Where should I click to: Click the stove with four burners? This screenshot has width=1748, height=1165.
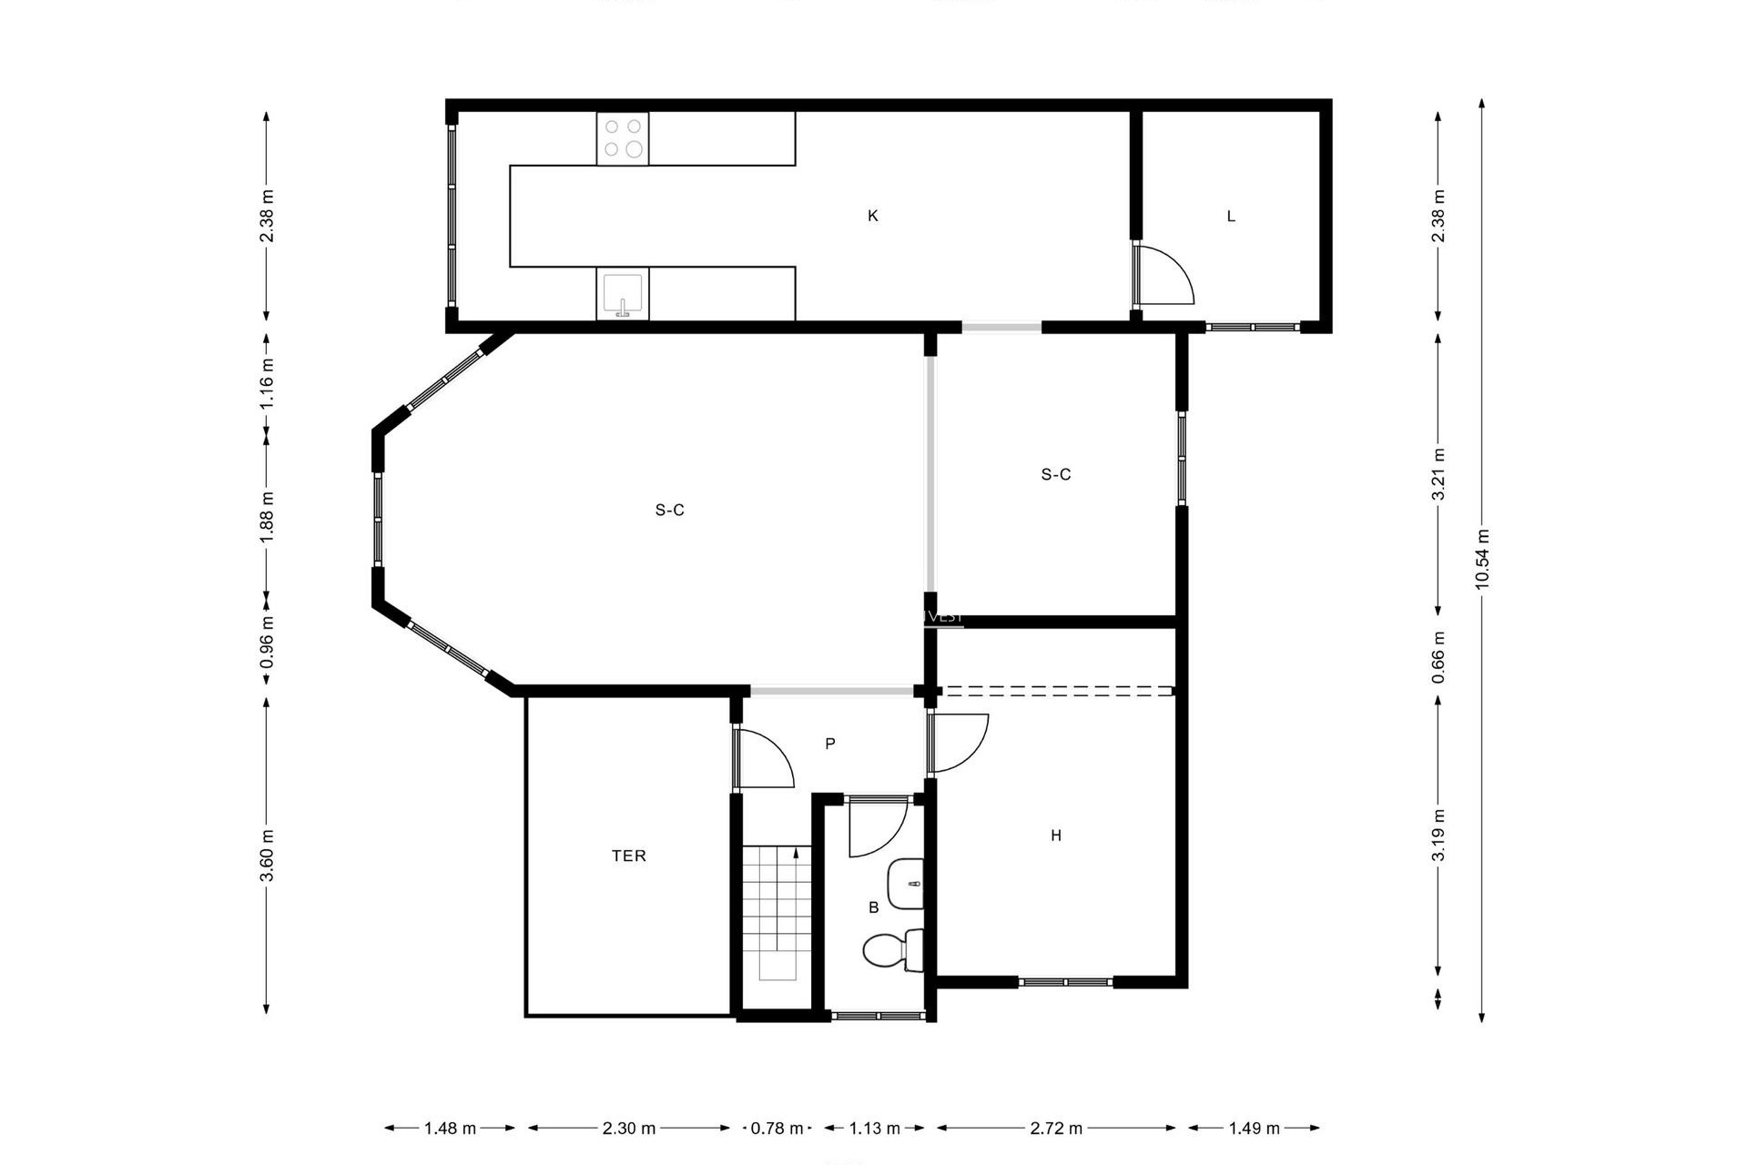[x=623, y=138]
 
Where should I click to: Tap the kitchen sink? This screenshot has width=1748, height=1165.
[x=623, y=294]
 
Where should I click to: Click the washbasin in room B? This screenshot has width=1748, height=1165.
[x=905, y=883]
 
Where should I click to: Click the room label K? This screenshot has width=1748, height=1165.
[x=872, y=216]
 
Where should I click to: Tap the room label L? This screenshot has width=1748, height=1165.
[x=1231, y=217]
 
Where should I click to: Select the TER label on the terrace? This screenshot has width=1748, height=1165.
[x=629, y=856]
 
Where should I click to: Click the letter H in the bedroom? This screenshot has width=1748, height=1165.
[x=1056, y=836]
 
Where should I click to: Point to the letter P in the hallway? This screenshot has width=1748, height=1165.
[x=830, y=744]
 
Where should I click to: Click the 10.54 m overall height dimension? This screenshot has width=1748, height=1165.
[x=1482, y=559]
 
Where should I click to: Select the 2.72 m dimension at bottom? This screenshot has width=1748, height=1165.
[x=1056, y=1129]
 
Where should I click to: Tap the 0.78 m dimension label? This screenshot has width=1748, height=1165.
[x=777, y=1129]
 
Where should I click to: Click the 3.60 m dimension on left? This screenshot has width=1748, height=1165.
[x=267, y=856]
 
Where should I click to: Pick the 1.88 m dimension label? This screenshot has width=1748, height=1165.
[x=267, y=517]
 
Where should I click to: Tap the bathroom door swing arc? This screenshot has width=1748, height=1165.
[x=876, y=829]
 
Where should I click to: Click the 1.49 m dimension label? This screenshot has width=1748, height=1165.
[x=1254, y=1129]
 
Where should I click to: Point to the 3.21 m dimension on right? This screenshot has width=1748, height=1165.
[x=1438, y=474]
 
